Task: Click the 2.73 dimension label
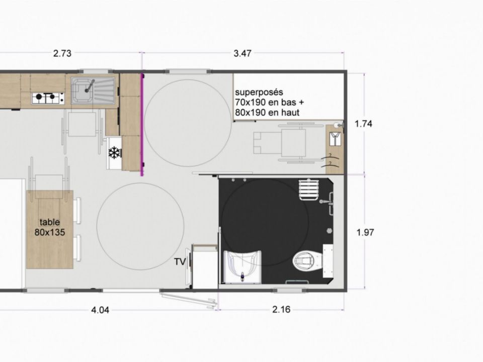[62, 53]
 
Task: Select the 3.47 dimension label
[243, 53]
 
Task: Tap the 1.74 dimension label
[363, 124]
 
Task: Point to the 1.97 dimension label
[365, 232]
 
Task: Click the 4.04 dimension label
[100, 310]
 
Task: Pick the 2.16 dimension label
[281, 309]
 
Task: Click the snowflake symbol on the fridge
[114, 153]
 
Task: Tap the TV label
[180, 261]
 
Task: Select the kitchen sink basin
[83, 90]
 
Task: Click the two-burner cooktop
[48, 98]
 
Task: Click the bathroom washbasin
[242, 266]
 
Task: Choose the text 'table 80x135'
[50, 227]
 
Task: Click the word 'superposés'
[259, 92]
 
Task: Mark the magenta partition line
[142, 124]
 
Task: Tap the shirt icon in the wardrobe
[335, 139]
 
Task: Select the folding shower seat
[308, 190]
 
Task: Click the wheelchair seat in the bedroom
[293, 142]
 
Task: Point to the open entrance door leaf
[188, 300]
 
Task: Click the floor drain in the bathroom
[329, 230]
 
